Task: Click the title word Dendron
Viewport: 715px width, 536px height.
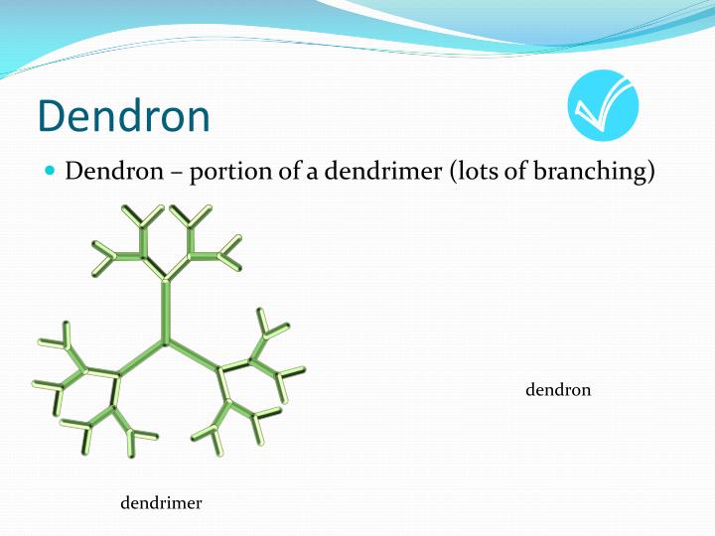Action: coord(124,116)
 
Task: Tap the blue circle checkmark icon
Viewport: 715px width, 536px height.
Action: coord(603,106)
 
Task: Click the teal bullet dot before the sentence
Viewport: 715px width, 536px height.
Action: coord(52,171)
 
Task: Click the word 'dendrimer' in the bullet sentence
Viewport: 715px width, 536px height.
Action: coord(372,172)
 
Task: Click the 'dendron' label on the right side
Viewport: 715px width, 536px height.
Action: coord(558,390)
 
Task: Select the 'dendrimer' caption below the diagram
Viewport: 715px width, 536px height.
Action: coord(161,503)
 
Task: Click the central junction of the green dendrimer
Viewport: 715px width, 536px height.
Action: coord(166,341)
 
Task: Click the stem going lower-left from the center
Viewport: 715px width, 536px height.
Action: coord(142,358)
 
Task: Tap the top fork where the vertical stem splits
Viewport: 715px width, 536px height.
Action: coord(166,278)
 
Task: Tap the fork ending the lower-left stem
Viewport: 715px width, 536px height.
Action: coord(117,375)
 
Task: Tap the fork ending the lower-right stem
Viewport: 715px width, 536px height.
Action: coord(218,371)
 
